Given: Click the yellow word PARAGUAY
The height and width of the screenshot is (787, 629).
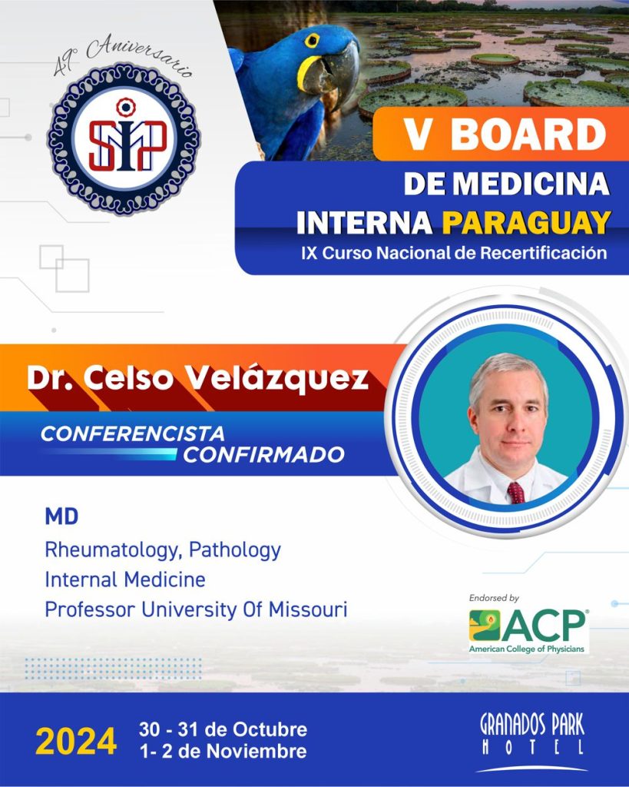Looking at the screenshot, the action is pyautogui.click(x=526, y=222).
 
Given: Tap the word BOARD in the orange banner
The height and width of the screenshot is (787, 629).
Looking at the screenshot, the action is pyautogui.click(x=528, y=134).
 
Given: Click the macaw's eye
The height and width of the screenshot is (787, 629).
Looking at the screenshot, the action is pyautogui.click(x=312, y=40).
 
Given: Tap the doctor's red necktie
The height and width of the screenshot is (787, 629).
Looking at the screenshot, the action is pyautogui.click(x=516, y=493).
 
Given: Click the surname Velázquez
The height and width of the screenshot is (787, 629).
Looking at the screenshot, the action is pyautogui.click(x=277, y=379).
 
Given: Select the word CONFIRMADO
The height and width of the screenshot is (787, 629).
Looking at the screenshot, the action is pyautogui.click(x=263, y=455).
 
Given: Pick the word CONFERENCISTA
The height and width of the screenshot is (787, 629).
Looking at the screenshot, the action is pyautogui.click(x=132, y=433).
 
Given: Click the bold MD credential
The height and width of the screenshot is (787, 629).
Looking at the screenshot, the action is pyautogui.click(x=61, y=516).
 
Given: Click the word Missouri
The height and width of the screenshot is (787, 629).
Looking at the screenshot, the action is pyautogui.click(x=308, y=609).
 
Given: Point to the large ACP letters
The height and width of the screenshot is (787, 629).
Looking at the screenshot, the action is pyautogui.click(x=544, y=626).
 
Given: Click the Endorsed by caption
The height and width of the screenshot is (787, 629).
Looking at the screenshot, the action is pyautogui.click(x=494, y=598).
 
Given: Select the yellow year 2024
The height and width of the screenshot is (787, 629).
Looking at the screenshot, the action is pyautogui.click(x=76, y=742).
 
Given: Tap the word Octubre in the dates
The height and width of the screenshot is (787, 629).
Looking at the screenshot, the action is pyautogui.click(x=270, y=729).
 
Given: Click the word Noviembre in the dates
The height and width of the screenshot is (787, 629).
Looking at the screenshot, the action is pyautogui.click(x=257, y=752).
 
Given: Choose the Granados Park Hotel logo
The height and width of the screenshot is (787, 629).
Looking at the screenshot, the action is pyautogui.click(x=531, y=742).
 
